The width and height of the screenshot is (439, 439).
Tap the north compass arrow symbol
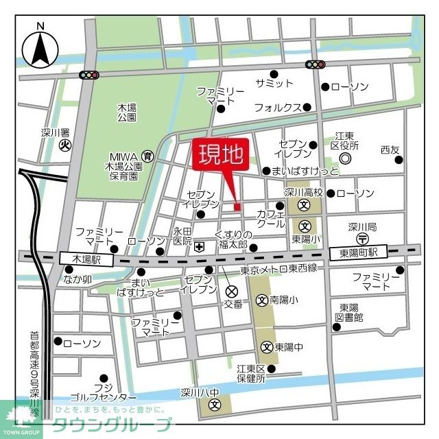coord(40,49)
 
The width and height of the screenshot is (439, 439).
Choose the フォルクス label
coord(278,108)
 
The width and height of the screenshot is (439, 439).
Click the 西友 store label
coord(390,150)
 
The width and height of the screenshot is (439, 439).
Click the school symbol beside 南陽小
coord(261,300)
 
